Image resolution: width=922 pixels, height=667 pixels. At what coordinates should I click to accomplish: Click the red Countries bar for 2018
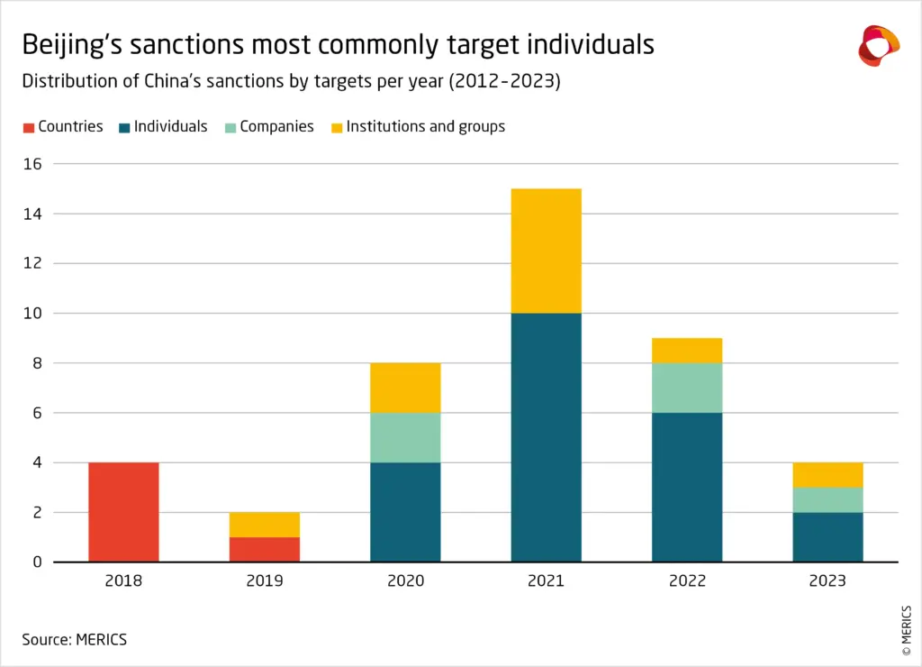tap(123, 512)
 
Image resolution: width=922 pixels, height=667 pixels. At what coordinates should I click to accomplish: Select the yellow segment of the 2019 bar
tap(265, 525)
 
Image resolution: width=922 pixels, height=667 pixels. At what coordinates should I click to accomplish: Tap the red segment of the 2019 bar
tap(265, 549)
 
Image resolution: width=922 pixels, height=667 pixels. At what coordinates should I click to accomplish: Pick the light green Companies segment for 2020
tap(405, 437)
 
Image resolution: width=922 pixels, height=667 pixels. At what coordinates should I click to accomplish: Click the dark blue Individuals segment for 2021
tap(546, 437)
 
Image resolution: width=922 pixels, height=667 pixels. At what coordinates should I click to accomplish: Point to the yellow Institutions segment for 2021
tap(546, 251)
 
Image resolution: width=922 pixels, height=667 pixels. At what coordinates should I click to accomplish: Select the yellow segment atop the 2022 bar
tap(687, 351)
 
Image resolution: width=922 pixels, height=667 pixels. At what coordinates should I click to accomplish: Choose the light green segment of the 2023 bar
tap(827, 499)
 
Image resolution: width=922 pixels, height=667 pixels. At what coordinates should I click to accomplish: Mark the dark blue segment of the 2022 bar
tap(687, 487)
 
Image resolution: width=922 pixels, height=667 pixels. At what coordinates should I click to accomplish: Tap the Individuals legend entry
tap(163, 127)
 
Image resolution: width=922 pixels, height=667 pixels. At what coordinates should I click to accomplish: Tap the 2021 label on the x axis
tap(546, 581)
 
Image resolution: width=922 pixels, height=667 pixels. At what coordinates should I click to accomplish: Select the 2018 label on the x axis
tap(123, 581)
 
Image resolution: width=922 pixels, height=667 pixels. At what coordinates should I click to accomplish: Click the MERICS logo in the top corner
tap(878, 46)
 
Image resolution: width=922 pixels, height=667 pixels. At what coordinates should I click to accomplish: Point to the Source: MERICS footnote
tap(75, 639)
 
